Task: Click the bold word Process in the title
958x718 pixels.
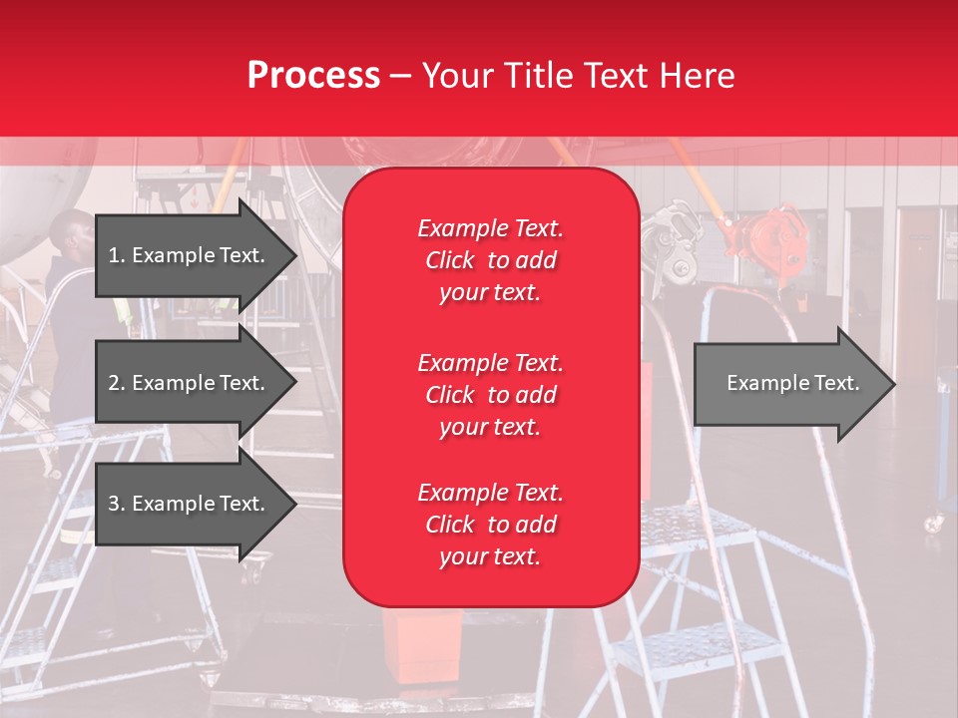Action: tap(313, 76)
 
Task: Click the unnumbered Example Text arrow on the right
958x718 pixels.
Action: tap(793, 383)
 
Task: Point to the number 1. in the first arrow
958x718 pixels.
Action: tap(116, 255)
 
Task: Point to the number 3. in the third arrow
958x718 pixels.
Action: tap(116, 504)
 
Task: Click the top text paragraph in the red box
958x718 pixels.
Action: tap(490, 260)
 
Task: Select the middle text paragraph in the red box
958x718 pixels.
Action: tap(490, 395)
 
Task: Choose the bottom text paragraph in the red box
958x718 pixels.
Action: tap(490, 525)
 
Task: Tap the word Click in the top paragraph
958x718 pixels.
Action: tap(449, 260)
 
